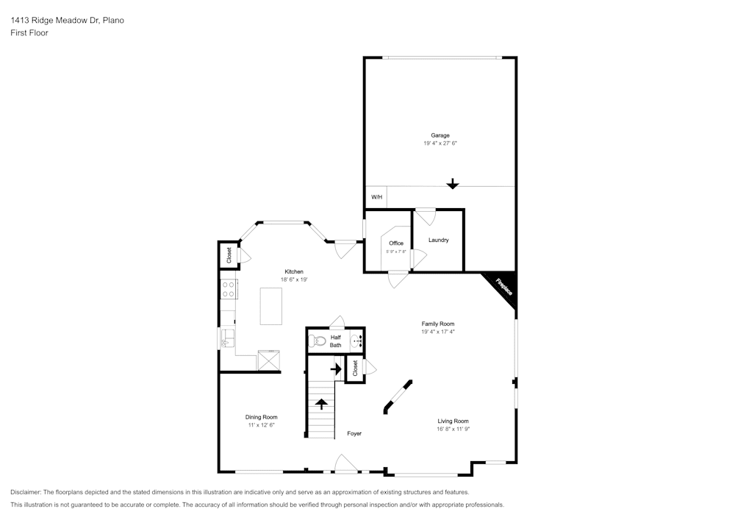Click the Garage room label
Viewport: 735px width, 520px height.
[x=440, y=135]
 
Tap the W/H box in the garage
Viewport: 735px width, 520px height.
[x=376, y=197]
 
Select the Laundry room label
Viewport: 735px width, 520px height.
[x=438, y=241]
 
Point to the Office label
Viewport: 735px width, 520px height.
[x=396, y=243]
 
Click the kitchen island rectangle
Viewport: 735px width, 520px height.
[x=272, y=306]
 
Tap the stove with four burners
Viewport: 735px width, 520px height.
[x=229, y=289]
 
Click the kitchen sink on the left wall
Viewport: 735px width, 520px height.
[x=227, y=338]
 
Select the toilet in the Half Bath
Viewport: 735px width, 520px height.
[x=317, y=341]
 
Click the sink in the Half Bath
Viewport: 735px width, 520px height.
[x=356, y=341]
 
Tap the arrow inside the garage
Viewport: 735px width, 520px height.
[x=453, y=183]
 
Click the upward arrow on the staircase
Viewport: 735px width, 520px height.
[x=321, y=403]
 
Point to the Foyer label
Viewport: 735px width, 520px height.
[x=354, y=434]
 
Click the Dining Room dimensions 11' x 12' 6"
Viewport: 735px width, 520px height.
[x=261, y=425]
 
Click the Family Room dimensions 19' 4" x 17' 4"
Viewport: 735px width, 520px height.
[x=438, y=332]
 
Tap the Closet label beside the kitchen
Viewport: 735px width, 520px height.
[x=229, y=255]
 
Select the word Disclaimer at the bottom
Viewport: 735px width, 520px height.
[x=26, y=492]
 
